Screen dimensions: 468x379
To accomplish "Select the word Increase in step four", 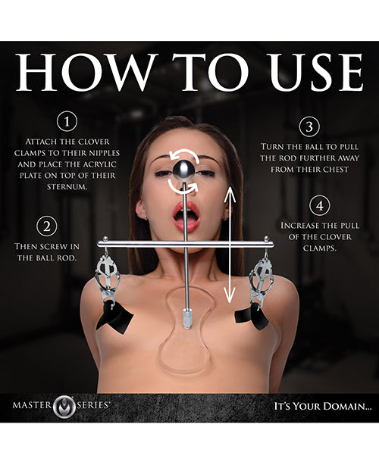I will (298, 225).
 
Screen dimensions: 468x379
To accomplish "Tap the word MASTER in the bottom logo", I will (35, 405).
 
